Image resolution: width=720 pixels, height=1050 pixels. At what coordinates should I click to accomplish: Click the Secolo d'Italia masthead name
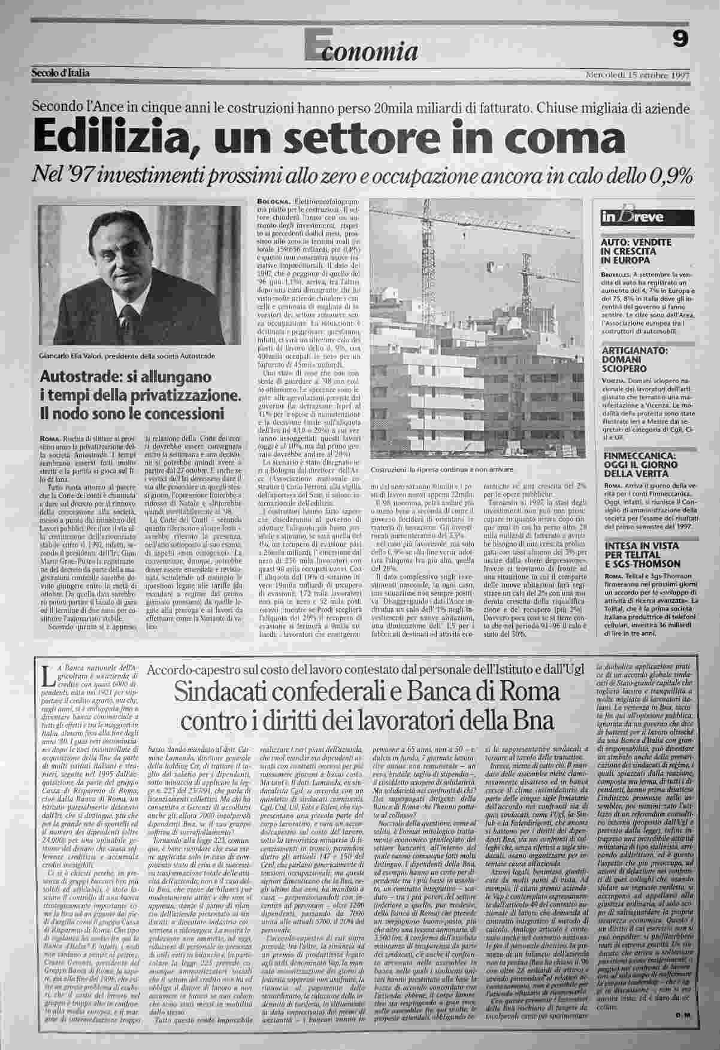click(60, 73)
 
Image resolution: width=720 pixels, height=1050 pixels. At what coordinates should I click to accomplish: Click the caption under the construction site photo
click(442, 469)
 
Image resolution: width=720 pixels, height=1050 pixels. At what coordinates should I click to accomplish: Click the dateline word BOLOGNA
click(273, 201)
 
